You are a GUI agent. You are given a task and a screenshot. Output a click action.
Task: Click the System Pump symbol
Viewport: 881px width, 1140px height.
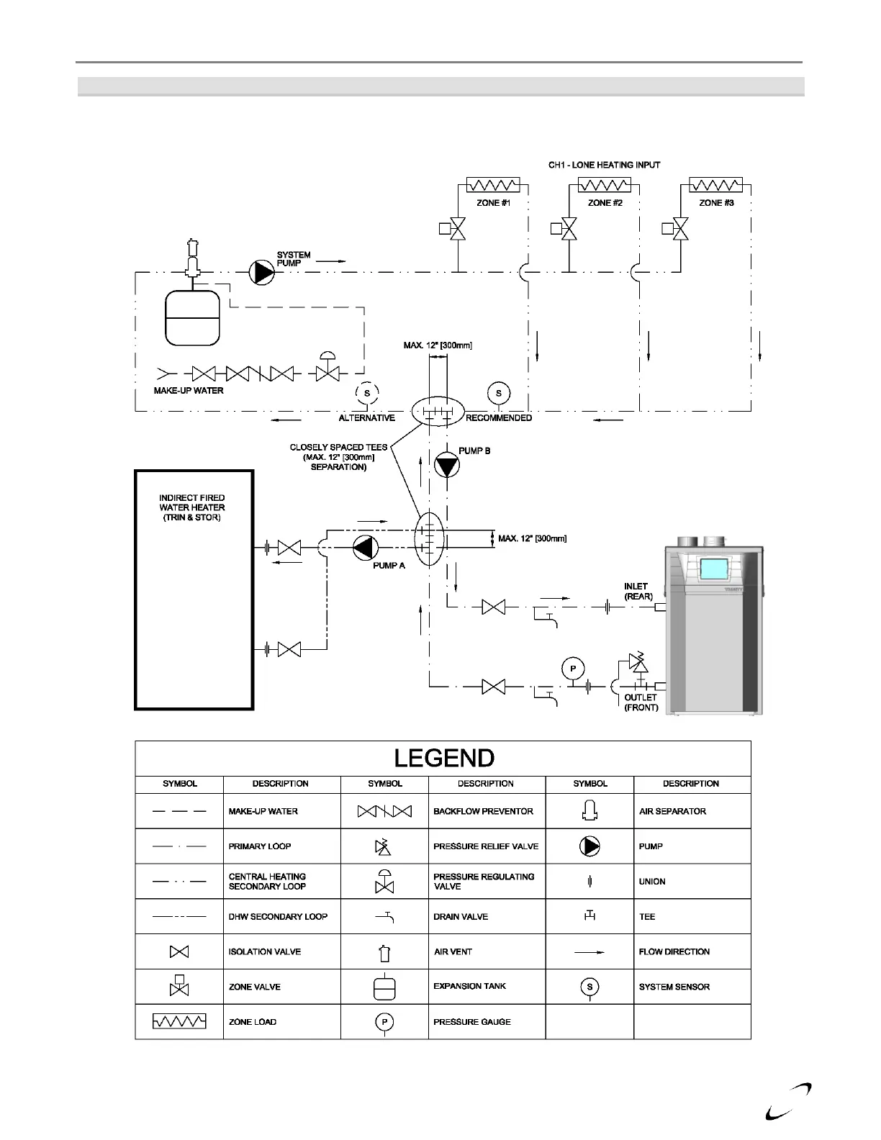(261, 272)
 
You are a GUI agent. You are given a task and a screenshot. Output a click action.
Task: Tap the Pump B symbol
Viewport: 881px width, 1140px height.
(446, 466)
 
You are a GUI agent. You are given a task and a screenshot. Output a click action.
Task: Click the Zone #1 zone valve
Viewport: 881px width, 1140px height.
(458, 229)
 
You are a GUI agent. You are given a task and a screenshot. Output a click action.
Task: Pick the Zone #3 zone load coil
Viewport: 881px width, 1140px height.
(715, 185)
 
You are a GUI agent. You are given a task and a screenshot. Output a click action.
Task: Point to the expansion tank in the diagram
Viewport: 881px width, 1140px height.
(192, 317)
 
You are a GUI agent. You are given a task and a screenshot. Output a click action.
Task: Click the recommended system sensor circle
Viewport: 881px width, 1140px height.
(498, 393)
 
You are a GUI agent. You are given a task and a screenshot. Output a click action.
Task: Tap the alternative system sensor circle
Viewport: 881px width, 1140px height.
(366, 393)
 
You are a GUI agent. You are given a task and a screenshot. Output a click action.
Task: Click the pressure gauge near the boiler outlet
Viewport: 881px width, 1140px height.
(573, 669)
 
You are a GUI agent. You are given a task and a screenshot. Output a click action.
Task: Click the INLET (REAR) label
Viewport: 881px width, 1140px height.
(638, 591)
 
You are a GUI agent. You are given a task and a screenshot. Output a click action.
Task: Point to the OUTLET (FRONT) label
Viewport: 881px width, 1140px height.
(641, 702)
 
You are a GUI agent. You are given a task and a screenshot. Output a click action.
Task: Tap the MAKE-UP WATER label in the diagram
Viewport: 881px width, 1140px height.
(189, 391)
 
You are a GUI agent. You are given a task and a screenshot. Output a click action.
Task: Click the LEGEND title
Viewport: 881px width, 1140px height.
(444, 759)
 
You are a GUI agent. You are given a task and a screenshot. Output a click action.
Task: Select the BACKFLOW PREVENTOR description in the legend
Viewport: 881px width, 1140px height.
(483, 811)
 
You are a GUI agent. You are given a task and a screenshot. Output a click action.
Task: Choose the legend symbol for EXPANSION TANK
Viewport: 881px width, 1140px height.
(384, 987)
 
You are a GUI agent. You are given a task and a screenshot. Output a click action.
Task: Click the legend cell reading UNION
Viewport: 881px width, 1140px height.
(652, 882)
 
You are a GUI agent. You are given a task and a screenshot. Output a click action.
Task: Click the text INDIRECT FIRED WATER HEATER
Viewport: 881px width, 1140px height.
(192, 502)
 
